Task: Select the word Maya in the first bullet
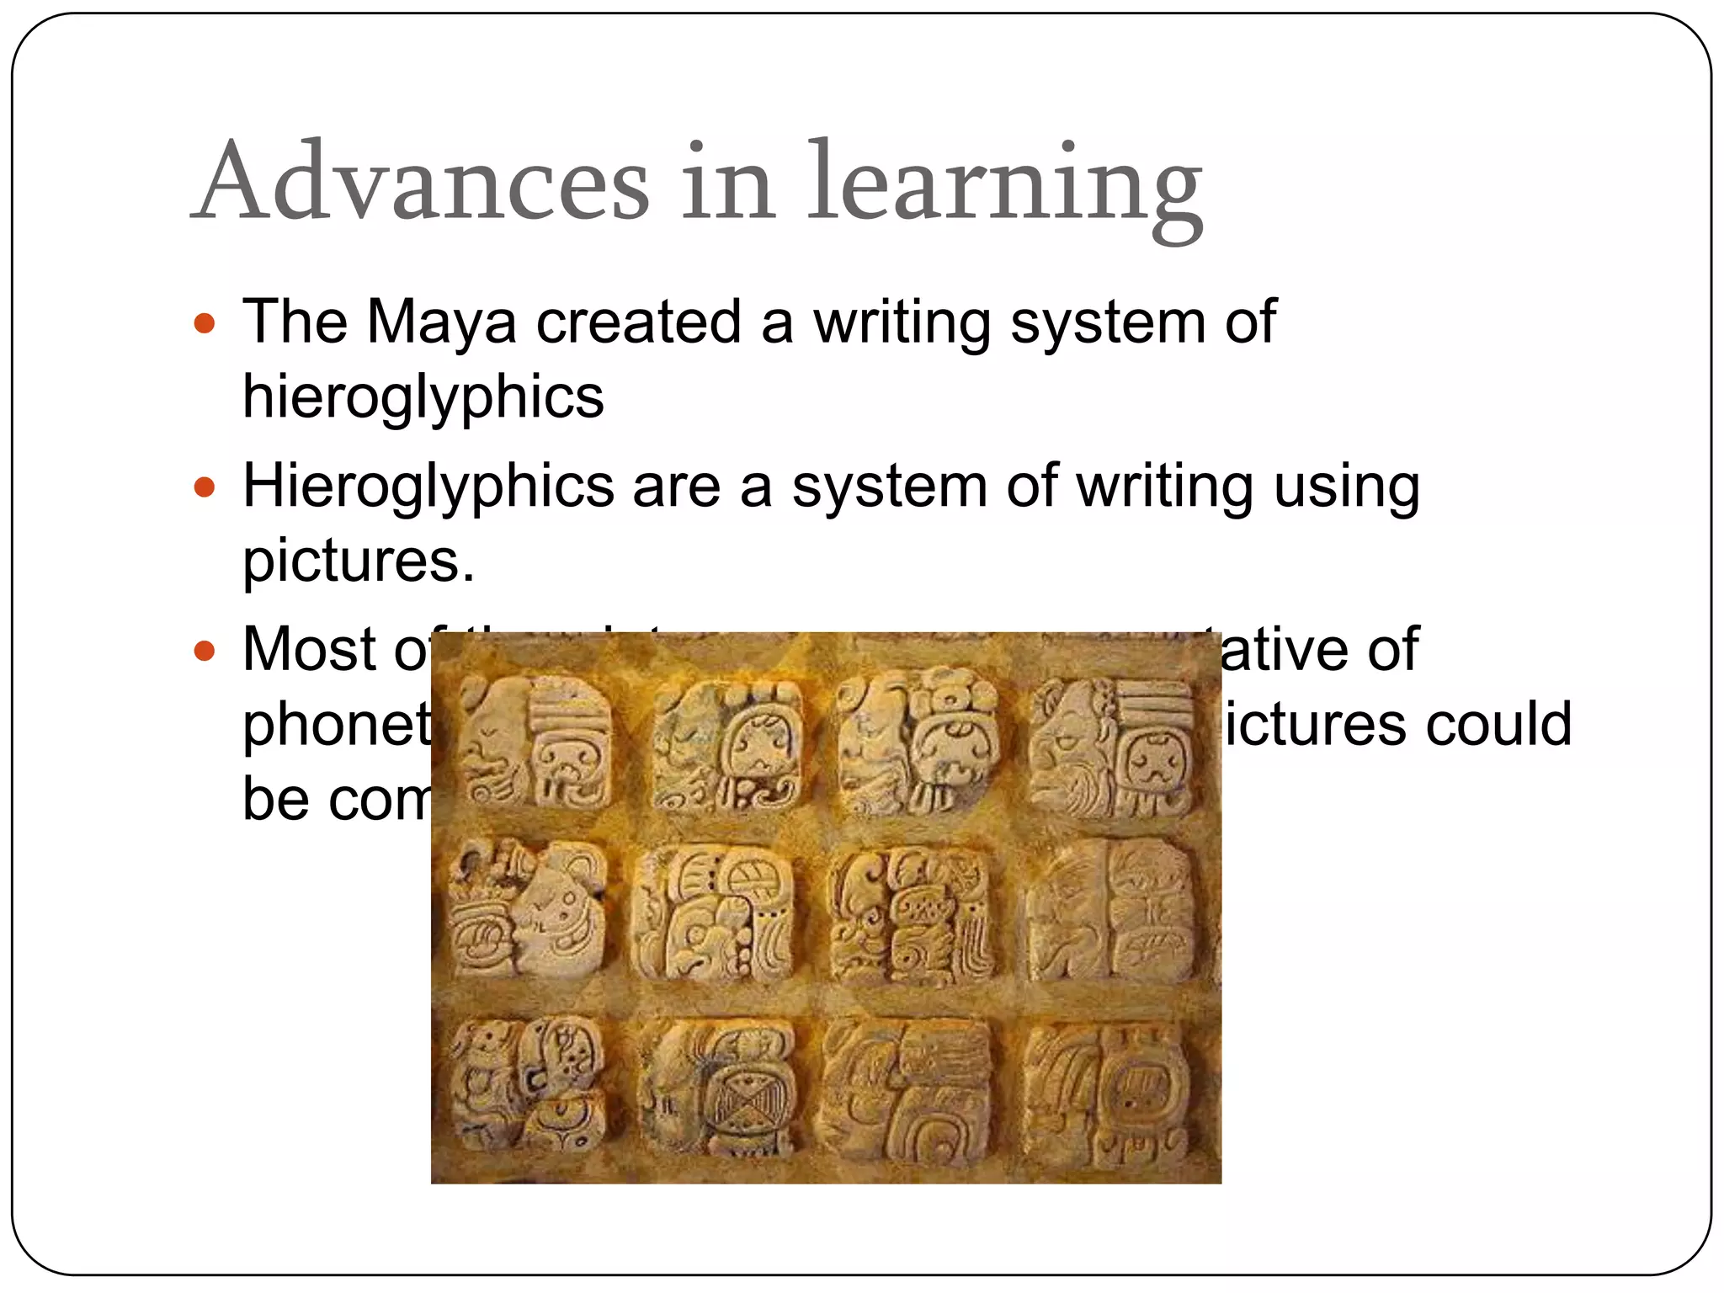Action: click(x=442, y=323)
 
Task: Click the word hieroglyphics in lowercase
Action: click(x=423, y=397)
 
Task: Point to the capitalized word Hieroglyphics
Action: click(x=428, y=488)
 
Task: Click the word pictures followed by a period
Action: click(x=358, y=561)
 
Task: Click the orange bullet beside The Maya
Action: click(x=205, y=323)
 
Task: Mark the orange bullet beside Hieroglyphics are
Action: click(x=205, y=487)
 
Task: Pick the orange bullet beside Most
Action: click(x=205, y=651)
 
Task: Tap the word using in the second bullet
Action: click(x=1346, y=488)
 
